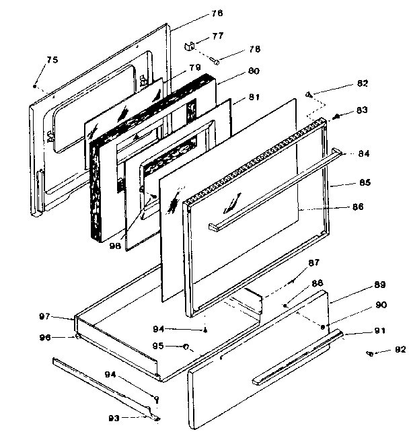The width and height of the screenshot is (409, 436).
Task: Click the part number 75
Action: coord(52,61)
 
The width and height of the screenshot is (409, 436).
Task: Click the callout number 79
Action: coord(194,67)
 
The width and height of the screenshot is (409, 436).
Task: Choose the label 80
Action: coord(235,71)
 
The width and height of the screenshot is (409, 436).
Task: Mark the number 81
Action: coord(254,97)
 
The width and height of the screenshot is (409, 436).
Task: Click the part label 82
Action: coord(363,83)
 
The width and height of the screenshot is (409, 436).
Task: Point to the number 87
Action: coord(314,262)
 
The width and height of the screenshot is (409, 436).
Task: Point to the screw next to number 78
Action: coord(216,62)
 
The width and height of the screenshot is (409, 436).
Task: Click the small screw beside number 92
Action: coord(371,353)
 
